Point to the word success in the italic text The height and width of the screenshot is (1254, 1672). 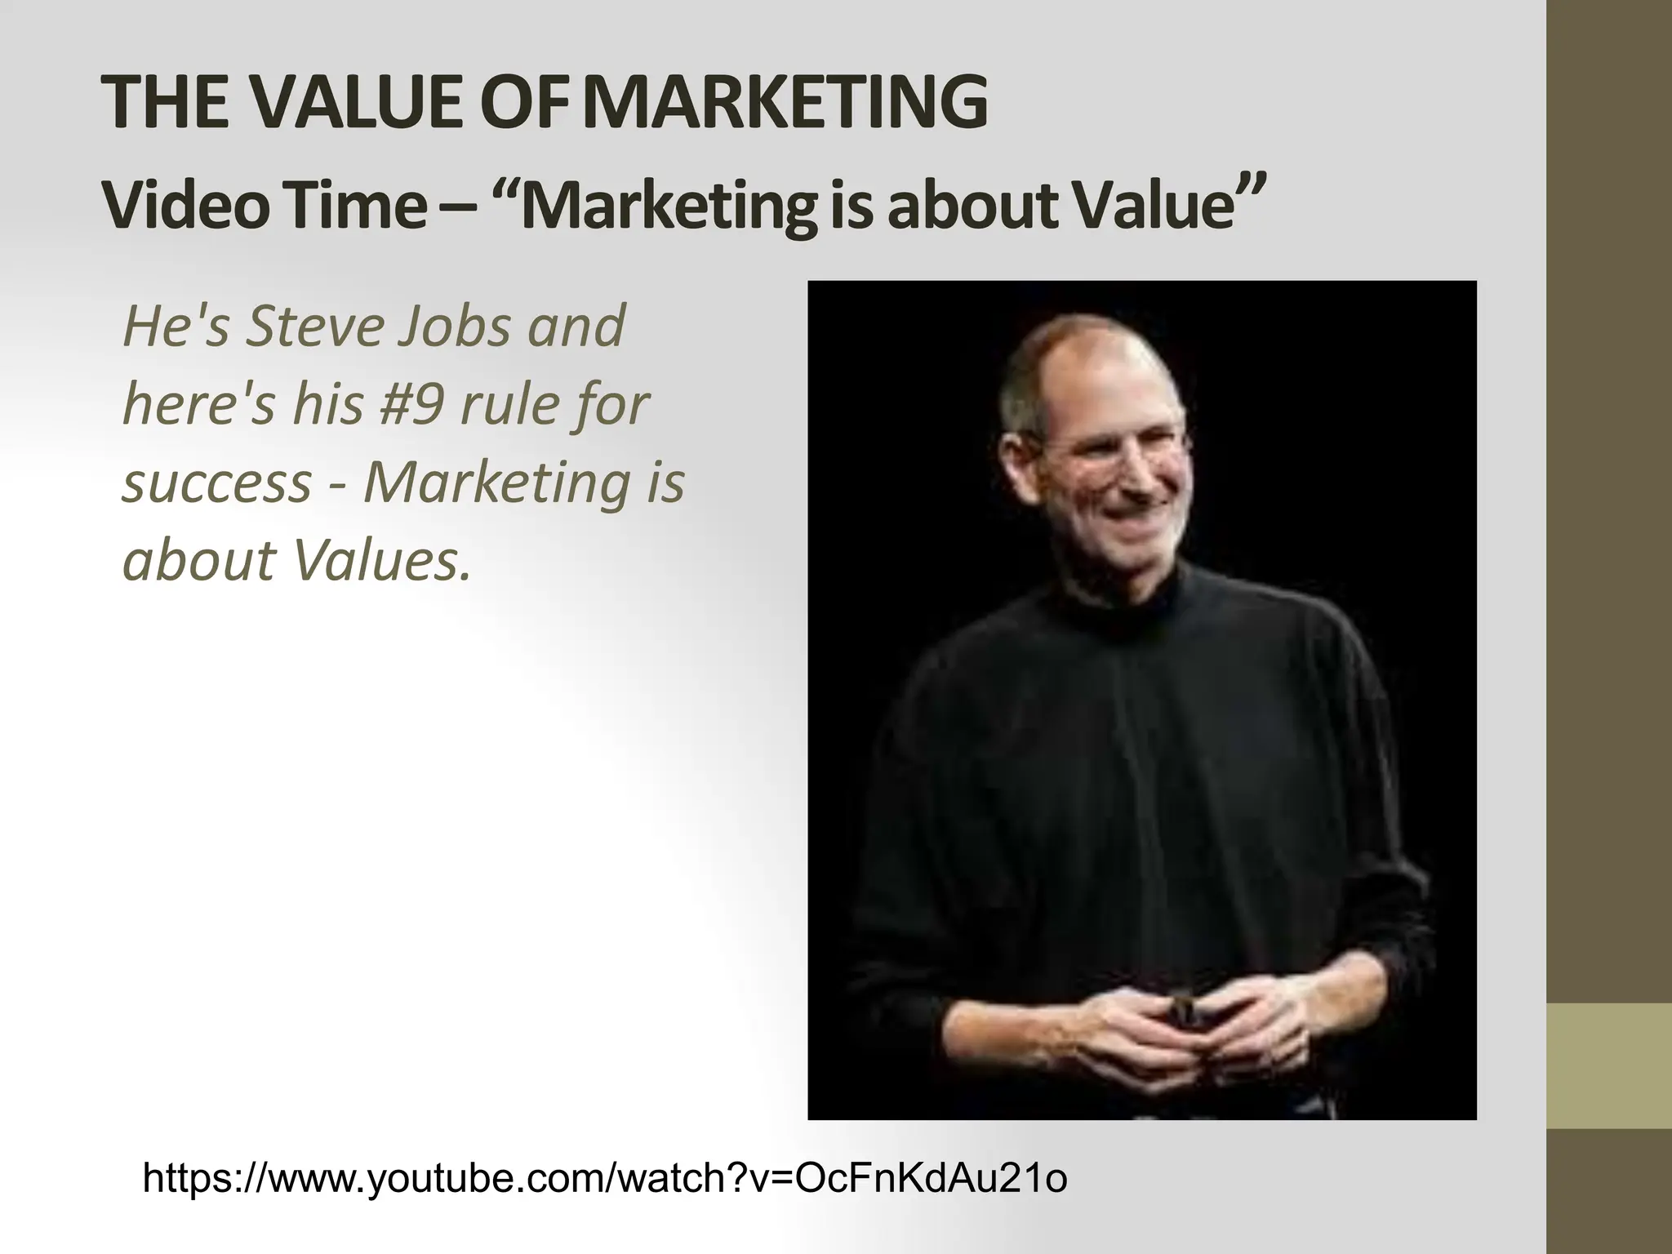coord(216,482)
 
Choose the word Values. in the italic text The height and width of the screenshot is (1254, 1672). coord(382,561)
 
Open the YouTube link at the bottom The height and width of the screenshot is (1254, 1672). coord(605,1178)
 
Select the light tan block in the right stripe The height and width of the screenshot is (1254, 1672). coord(1609,1065)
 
